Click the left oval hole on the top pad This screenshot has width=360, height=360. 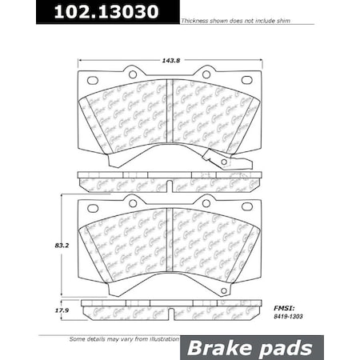[92, 80]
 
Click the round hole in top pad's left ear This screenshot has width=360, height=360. [131, 74]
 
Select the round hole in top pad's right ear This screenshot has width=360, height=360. [206, 74]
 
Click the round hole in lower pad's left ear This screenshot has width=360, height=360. [131, 203]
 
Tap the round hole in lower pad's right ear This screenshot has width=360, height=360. [206, 203]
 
